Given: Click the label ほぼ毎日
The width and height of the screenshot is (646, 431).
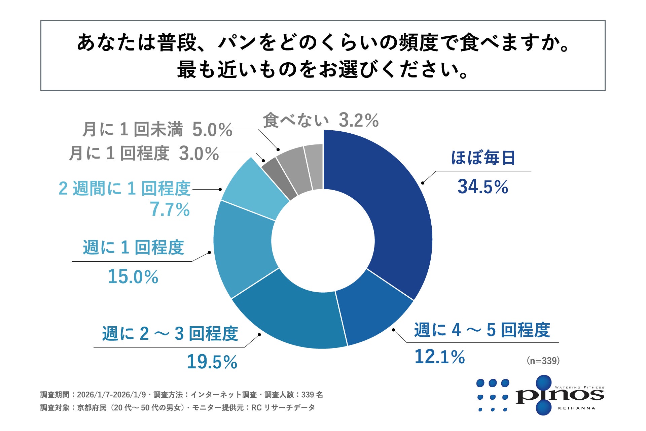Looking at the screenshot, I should [x=482, y=158].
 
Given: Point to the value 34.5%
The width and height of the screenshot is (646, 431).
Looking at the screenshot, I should [x=482, y=187].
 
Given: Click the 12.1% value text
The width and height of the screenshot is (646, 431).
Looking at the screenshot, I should [x=439, y=357].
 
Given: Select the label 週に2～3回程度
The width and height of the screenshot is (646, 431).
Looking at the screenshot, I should [x=170, y=334].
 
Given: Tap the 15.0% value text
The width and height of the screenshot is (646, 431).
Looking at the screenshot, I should [x=133, y=277].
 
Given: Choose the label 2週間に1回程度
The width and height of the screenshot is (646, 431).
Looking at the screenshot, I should [x=124, y=189].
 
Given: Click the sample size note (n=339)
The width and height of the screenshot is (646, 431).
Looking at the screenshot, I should [x=543, y=361].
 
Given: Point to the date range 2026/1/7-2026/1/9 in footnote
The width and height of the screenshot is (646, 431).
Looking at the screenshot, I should [x=111, y=395].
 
